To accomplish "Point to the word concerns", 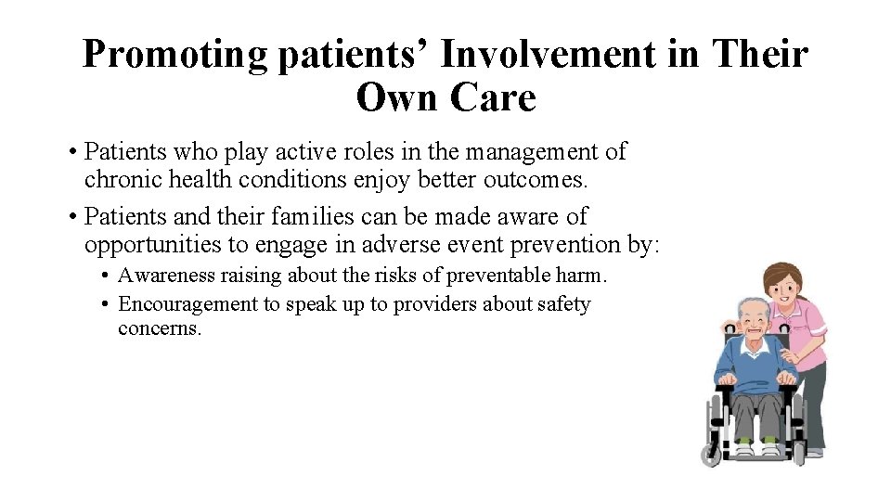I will tap(159, 328).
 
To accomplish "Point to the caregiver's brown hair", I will tap(782, 271).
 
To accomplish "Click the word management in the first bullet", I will tap(536, 150).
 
